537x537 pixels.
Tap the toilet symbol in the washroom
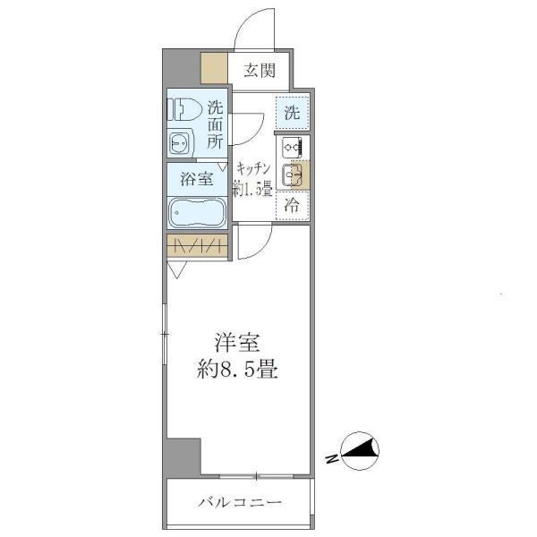(183, 109)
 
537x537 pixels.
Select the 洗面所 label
(216, 124)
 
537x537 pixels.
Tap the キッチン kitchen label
(252, 167)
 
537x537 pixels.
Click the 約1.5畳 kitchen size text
(252, 188)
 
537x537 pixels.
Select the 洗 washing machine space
(292, 113)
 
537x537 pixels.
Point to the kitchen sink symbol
(293, 175)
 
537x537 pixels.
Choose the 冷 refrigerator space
(292, 205)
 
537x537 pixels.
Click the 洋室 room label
(236, 342)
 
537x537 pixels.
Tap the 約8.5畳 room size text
(236, 370)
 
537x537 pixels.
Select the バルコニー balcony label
(240, 503)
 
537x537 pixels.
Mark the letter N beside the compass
(331, 459)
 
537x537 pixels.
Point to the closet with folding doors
(198, 245)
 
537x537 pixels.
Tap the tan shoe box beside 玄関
(214, 69)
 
